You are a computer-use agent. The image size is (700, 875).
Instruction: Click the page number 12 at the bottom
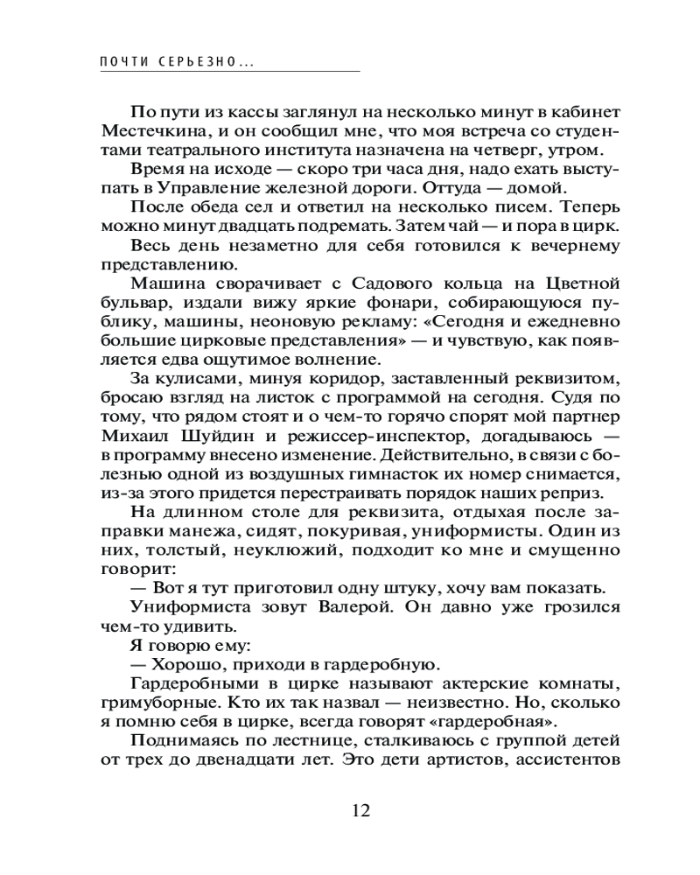click(360, 809)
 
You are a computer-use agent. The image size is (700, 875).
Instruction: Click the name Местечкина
click(144, 130)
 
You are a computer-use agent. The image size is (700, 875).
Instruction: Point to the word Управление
click(174, 188)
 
